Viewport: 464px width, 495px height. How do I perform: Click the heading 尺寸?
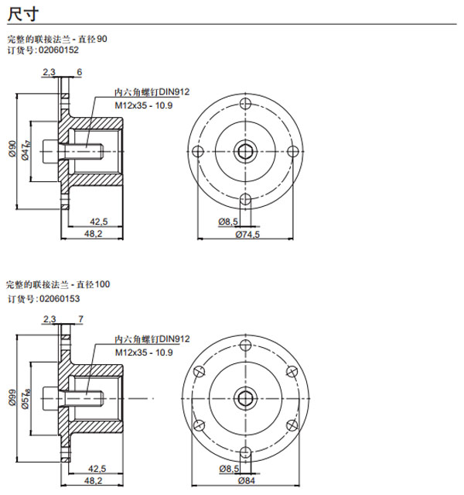point(21,14)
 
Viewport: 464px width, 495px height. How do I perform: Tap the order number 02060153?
point(59,298)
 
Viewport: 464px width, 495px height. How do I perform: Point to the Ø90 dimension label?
point(12,150)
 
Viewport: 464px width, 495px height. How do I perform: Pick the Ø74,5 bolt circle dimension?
point(248,234)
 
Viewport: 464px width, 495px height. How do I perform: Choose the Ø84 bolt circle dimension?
point(247,481)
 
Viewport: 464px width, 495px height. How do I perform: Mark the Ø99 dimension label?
point(12,397)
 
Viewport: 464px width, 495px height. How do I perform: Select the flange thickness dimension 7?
point(80,318)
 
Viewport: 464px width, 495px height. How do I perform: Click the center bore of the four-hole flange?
point(245,150)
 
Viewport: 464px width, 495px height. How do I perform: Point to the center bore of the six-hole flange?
point(245,397)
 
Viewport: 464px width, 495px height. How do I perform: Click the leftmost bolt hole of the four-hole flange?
point(198,150)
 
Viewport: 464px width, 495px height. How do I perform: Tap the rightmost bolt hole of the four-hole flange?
point(292,150)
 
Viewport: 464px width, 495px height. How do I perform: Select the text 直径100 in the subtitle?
point(94,285)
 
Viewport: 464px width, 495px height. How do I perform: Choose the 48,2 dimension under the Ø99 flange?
point(93,480)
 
